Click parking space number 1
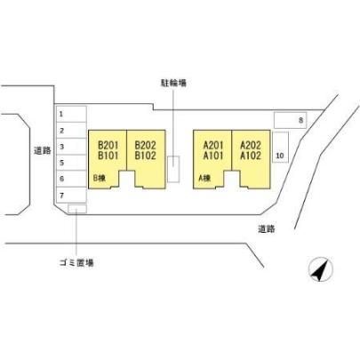pyautogui.click(x=71, y=114)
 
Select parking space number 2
pyautogui.click(x=71, y=131)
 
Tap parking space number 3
pyautogui.click(x=71, y=147)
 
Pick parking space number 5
pyautogui.click(x=71, y=163)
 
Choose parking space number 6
pyautogui.click(x=71, y=179)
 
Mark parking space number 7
pyautogui.click(x=71, y=196)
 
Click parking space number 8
pyautogui.click(x=291, y=120)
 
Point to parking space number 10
pyautogui.click(x=280, y=148)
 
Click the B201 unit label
pyautogui.click(x=108, y=145)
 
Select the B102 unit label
pyautogui.click(x=145, y=156)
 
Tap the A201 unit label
pyautogui.click(x=213, y=145)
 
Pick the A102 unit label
pyautogui.click(x=251, y=156)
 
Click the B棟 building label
pyautogui.click(x=100, y=178)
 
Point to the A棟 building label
pyautogui.click(x=204, y=178)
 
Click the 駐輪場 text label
pyautogui.click(x=173, y=84)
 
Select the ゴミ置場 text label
pyautogui.click(x=76, y=262)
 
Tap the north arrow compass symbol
pyautogui.click(x=321, y=269)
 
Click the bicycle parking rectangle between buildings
pyautogui.click(x=173, y=169)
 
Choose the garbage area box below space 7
pyautogui.click(x=77, y=209)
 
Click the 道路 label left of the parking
pyautogui.click(x=43, y=151)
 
